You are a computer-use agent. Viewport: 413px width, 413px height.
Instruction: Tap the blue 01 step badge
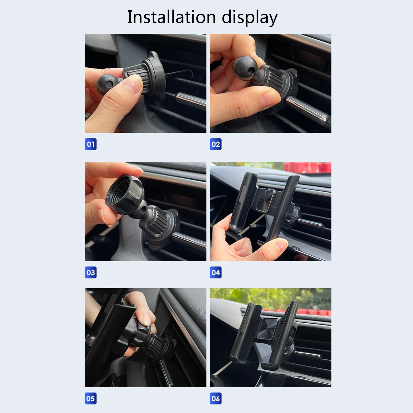tap(91, 144)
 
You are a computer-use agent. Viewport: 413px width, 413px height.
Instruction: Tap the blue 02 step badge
tap(216, 144)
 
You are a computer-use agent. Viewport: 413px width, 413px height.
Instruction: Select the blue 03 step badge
tap(91, 272)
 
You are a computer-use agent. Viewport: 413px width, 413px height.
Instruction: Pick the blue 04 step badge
tap(216, 272)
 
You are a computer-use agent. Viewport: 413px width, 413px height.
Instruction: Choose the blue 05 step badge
tap(91, 398)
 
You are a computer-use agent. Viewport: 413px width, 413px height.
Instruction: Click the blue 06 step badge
tap(216, 398)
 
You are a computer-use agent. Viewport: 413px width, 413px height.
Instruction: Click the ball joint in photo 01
tap(106, 84)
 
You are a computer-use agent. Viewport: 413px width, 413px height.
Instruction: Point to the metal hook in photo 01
tap(181, 73)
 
